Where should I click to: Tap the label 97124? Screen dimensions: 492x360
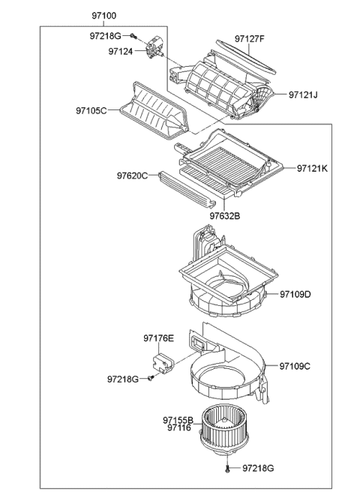pyautogui.click(x=120, y=52)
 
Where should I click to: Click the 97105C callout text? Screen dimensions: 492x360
pyautogui.click(x=91, y=110)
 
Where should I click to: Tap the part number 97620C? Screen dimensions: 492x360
pyautogui.click(x=132, y=176)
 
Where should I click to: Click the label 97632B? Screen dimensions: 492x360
pyautogui.click(x=224, y=216)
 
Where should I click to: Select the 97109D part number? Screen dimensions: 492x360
pyautogui.click(x=296, y=295)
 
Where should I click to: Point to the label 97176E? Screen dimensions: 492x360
pyautogui.click(x=158, y=338)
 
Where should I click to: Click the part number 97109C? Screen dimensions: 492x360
pyautogui.click(x=295, y=366)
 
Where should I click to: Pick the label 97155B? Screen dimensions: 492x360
pyautogui.click(x=178, y=419)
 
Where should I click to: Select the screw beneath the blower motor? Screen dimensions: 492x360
pyautogui.click(x=226, y=468)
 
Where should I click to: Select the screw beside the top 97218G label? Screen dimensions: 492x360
pyautogui.click(x=133, y=35)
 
